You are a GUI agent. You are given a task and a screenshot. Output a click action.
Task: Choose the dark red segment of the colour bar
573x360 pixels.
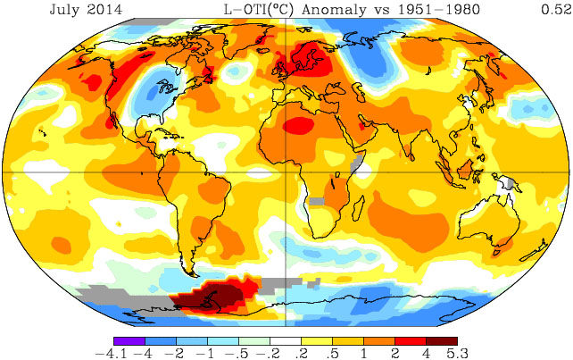click(441, 341)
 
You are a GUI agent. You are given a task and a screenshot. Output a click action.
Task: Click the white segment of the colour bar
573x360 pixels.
click(286, 341)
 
